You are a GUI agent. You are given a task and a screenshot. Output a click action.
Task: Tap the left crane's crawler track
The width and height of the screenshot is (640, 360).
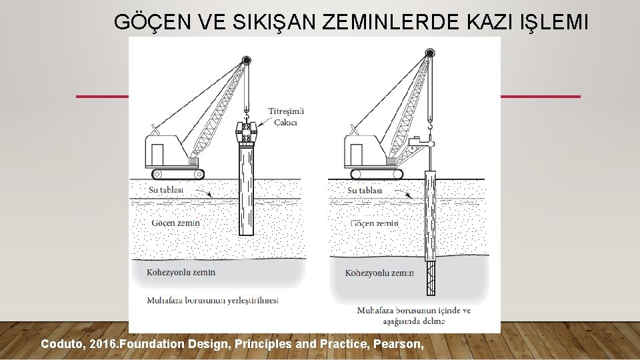[177, 174]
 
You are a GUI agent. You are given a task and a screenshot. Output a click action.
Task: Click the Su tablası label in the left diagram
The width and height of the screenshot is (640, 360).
[166, 189]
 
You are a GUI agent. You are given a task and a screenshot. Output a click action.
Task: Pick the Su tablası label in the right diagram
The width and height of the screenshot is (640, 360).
[365, 190]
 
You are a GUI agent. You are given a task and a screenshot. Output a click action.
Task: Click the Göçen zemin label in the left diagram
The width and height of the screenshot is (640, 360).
[175, 223]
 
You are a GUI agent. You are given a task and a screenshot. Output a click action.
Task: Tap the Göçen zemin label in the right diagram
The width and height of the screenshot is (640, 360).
[374, 223]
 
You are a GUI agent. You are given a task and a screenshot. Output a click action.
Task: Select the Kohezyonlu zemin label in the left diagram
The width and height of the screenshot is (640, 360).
[181, 272]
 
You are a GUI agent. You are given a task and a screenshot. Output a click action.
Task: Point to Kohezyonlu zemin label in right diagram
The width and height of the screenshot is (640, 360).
[379, 273]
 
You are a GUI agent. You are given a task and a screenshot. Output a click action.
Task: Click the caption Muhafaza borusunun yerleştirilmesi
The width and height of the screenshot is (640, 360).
[213, 301]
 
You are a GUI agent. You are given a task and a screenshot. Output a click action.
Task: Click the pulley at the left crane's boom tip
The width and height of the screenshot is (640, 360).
[246, 61]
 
